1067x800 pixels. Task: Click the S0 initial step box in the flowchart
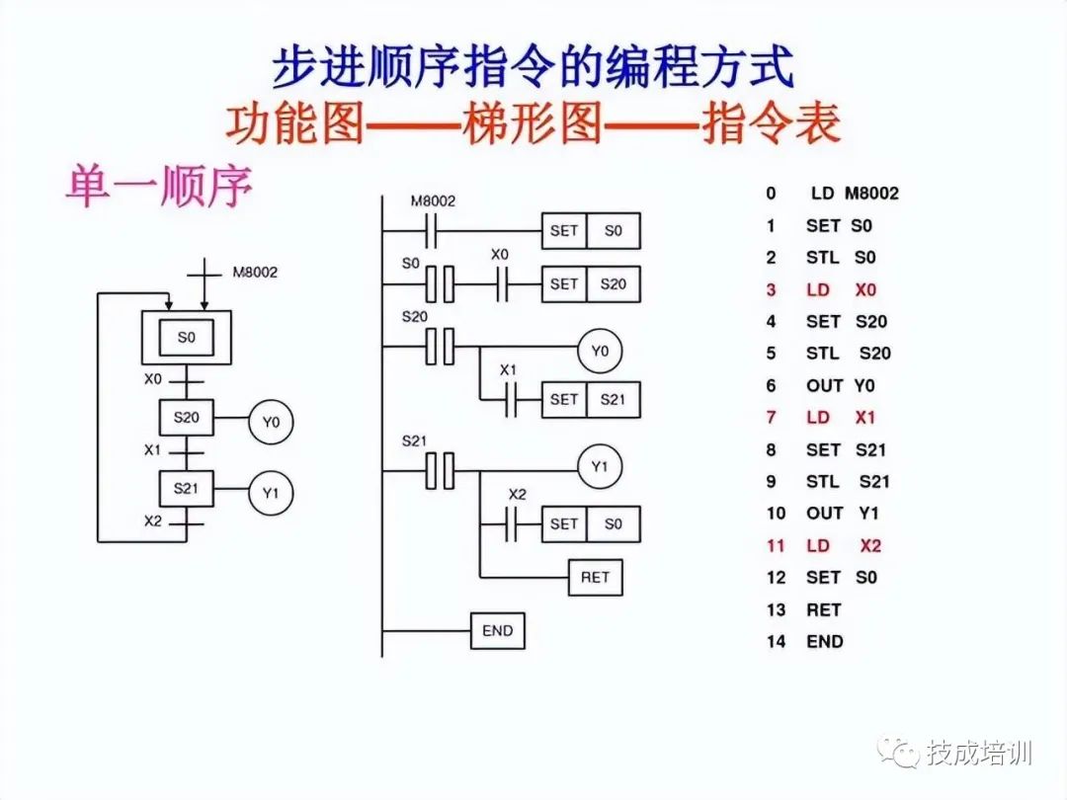[x=187, y=338]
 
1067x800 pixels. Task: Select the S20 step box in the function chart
[x=187, y=418]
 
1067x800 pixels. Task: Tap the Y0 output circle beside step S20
[x=271, y=422]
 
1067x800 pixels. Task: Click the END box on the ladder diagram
[x=497, y=630]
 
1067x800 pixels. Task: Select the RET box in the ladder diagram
[x=595, y=577]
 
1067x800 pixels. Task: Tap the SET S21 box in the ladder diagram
[x=590, y=400]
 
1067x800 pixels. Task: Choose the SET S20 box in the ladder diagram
[x=590, y=284]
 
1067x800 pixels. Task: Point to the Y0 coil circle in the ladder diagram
[x=600, y=350]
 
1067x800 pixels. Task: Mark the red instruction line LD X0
[x=841, y=289]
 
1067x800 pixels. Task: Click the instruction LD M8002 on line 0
[x=854, y=194]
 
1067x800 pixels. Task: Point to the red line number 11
[x=776, y=546]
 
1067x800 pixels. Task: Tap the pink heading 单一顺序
[x=158, y=187]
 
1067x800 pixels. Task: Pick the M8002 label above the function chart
[x=255, y=272]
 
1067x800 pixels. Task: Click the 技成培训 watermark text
[x=979, y=754]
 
